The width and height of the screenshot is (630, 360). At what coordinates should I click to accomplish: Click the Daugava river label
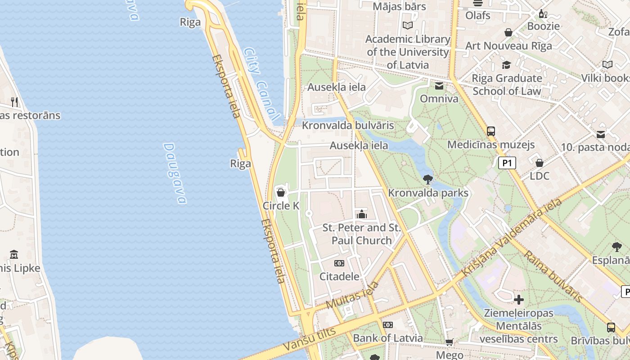[175, 173]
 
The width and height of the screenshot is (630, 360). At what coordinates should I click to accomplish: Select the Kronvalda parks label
[428, 193]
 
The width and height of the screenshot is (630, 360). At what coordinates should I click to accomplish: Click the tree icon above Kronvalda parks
[428, 180]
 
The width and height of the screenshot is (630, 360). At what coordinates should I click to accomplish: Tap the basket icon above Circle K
[281, 193]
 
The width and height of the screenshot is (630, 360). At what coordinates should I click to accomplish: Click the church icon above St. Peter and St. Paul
[362, 214]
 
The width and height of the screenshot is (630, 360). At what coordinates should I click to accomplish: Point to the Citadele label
[339, 276]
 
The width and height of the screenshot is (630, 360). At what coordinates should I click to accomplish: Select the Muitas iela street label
[352, 296]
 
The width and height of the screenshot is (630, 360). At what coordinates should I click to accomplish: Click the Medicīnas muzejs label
[491, 144]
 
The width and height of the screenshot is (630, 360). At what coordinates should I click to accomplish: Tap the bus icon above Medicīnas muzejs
[491, 131]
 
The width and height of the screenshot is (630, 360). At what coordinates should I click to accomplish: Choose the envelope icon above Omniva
[439, 86]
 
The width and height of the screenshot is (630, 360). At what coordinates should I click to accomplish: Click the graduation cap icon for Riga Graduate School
[507, 65]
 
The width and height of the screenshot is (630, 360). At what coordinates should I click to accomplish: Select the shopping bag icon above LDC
[540, 162]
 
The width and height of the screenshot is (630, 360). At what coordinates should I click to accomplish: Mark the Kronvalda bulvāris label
[348, 126]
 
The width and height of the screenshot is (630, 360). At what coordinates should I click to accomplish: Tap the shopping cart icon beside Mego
[449, 342]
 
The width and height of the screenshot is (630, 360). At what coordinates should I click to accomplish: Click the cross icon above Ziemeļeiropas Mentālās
[519, 299]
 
